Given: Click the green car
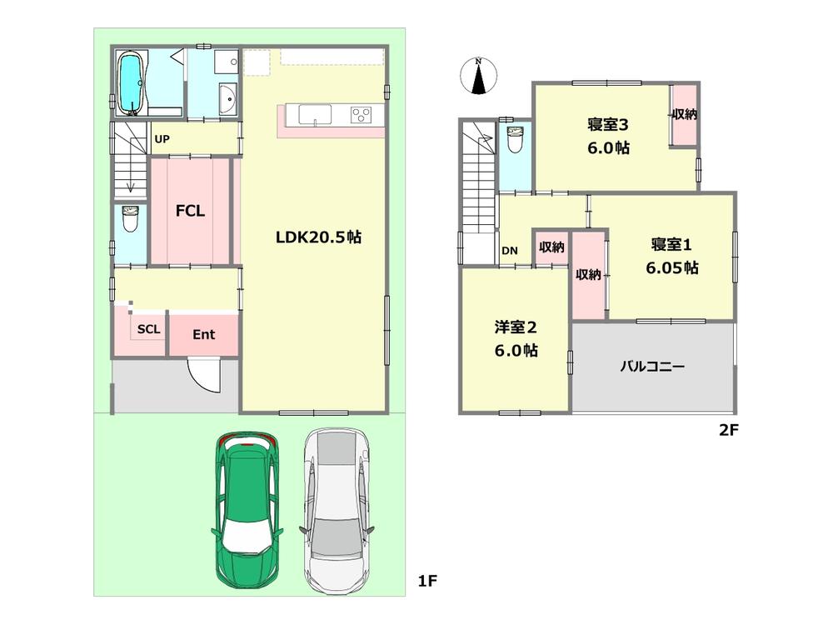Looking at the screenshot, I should [x=247, y=512].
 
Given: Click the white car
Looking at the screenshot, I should [x=337, y=512].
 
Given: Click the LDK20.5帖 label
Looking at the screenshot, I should [x=319, y=237].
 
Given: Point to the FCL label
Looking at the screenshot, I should [x=190, y=211].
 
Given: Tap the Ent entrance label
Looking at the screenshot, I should [x=204, y=335].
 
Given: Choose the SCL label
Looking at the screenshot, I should [x=149, y=329].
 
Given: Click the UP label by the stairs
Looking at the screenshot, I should [x=162, y=139].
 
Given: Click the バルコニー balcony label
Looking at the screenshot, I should [x=652, y=366].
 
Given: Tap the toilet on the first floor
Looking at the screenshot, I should [x=129, y=220].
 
